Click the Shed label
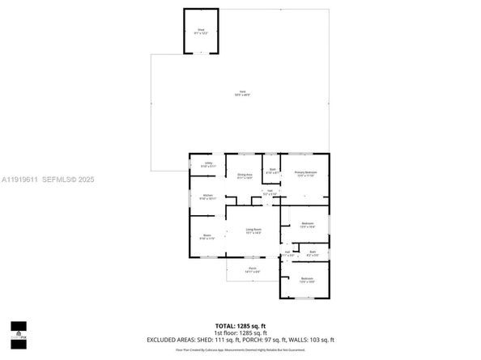[x=200, y=31]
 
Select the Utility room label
[x=208, y=164]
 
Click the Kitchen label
[x=208, y=197]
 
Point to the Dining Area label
[x=245, y=176]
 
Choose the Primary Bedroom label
[x=305, y=173]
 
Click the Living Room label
[x=253, y=231]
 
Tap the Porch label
[x=253, y=269]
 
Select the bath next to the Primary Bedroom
[x=273, y=171]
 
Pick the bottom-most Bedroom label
[x=307, y=280]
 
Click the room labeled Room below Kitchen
[x=207, y=237]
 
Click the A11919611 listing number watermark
[x=23, y=180]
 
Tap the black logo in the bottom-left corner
[x=18, y=327]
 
